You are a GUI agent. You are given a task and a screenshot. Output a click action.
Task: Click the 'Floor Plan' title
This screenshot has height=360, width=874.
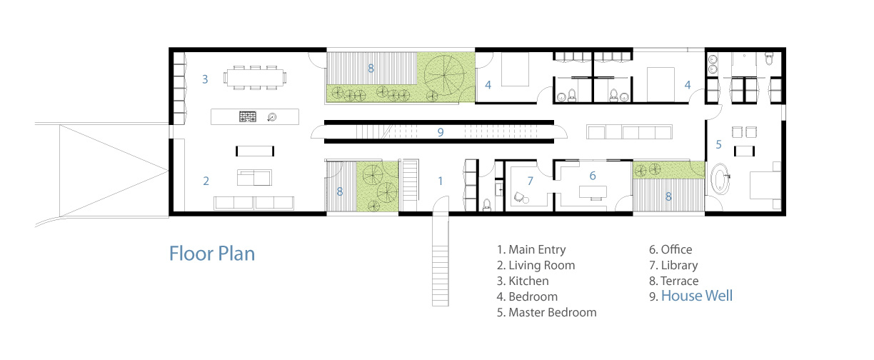coord(212,254)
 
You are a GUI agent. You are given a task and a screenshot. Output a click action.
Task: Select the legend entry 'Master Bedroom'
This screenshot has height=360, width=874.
coord(547,312)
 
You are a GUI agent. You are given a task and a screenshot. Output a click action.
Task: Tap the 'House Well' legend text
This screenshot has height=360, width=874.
coord(697,296)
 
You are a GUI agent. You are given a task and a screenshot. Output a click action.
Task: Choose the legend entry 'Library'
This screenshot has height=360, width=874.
coord(673,265)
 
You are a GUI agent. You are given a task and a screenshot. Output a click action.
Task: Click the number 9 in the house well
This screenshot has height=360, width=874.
coord(441,132)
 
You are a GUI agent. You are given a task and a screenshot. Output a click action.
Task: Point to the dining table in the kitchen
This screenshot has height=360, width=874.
coord(255,78)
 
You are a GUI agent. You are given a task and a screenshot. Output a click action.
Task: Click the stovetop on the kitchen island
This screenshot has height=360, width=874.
coord(247,116)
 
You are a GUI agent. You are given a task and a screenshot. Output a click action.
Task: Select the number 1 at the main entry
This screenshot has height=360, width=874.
coord(441,181)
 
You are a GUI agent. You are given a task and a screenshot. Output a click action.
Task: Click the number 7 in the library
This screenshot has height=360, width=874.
coord(531,181)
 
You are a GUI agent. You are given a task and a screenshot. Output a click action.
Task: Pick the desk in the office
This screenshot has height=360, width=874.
coord(593,192)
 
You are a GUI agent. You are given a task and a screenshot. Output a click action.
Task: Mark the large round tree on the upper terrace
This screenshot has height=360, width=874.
coord(444,76)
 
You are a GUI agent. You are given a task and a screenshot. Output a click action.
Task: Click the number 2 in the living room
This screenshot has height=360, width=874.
coord(206,181)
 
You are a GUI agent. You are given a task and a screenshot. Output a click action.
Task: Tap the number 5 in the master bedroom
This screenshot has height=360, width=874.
coord(719,145)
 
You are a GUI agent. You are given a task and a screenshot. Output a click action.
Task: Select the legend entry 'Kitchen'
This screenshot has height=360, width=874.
coord(523,281)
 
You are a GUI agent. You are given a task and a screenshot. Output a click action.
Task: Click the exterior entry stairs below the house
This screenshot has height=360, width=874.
coord(440,260)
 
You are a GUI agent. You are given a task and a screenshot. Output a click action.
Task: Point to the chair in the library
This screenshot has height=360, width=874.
coord(520,197)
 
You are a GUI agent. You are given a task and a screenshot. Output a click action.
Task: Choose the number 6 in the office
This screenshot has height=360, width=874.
coord(593,176)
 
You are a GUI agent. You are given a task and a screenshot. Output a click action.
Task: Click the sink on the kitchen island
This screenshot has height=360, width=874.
coord(272,116)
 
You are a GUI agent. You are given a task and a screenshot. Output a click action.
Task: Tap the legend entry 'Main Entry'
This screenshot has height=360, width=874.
coord(531,249)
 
